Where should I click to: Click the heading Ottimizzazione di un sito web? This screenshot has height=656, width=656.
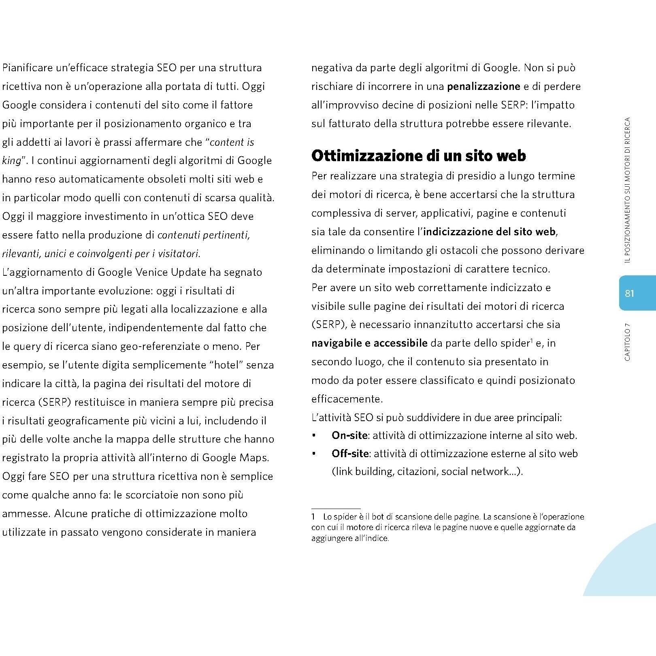point(418,156)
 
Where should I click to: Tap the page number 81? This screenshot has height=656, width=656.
point(629,293)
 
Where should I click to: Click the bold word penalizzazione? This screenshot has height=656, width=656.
point(483,86)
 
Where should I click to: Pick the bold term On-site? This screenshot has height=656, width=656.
point(349,435)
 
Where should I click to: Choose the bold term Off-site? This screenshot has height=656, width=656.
point(350,454)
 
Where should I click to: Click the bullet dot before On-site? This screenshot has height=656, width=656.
point(314,436)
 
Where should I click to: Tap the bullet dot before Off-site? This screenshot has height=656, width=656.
point(314,454)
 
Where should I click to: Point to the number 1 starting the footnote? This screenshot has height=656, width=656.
point(313,517)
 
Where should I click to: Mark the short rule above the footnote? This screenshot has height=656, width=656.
point(336,509)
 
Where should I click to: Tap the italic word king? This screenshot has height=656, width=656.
point(11,161)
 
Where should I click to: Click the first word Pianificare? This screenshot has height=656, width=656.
point(27,68)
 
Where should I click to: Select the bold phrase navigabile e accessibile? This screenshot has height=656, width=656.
point(369,343)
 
